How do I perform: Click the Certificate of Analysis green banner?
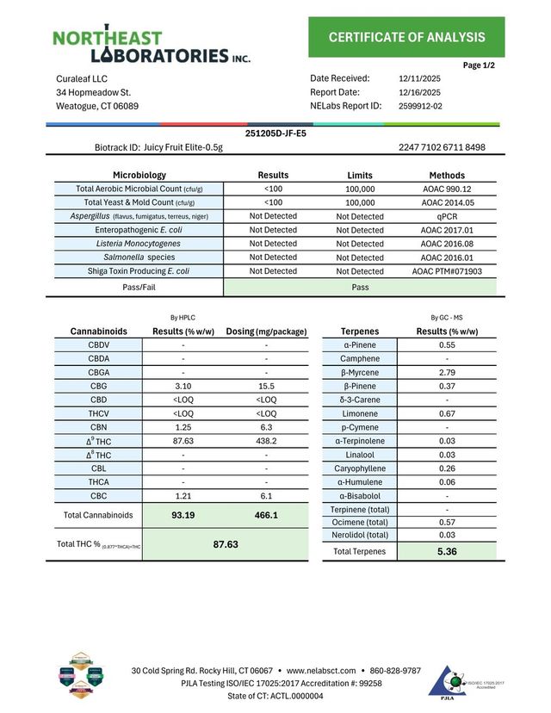[406, 37]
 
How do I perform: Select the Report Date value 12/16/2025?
[420, 92]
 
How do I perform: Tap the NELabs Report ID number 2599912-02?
[421, 106]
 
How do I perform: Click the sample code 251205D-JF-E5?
[275, 133]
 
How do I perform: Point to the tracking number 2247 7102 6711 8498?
[442, 147]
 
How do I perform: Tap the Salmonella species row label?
[139, 257]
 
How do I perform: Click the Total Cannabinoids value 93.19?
[183, 515]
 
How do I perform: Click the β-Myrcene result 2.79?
[447, 372]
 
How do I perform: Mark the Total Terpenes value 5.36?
[447, 551]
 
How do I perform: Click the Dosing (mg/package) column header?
[266, 331]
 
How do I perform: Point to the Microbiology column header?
[139, 175]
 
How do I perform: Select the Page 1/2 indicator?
[479, 65]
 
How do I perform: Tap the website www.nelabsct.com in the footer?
[320, 670]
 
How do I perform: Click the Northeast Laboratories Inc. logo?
[152, 44]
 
